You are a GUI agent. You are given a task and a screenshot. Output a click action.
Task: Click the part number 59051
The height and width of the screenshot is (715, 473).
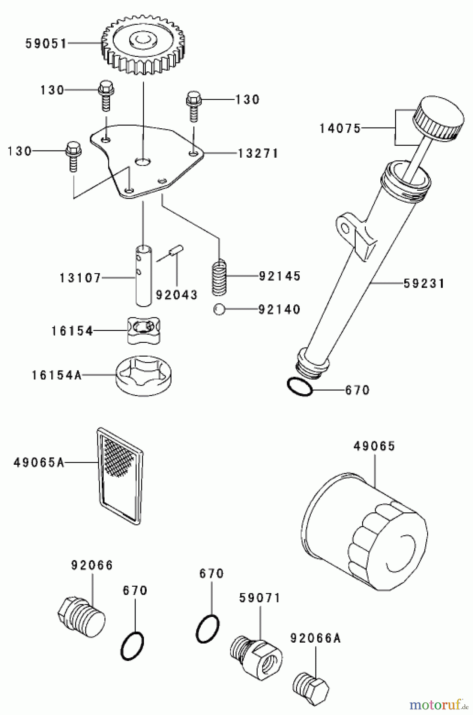tap(46, 43)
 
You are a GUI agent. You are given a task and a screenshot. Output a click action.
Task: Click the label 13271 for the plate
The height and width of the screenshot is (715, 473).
tap(258, 153)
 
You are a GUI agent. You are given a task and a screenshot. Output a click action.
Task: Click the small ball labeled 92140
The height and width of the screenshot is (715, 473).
tap(219, 309)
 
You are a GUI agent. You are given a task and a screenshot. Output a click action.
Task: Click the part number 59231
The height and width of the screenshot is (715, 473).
tap(424, 284)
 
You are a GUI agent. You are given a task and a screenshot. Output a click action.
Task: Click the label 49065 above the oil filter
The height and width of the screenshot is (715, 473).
tap(374, 446)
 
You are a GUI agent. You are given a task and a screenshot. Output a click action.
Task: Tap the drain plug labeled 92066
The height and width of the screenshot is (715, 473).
tap(81, 613)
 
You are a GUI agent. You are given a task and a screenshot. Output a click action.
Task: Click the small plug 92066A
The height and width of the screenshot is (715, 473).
tap(312, 684)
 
